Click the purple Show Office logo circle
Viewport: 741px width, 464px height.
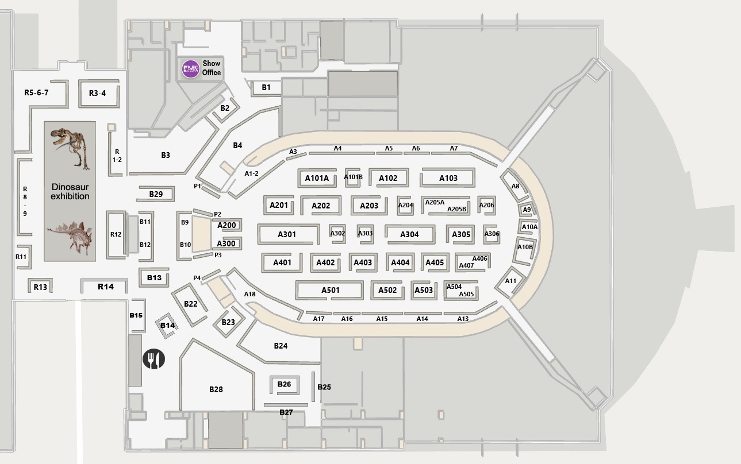point(191,69)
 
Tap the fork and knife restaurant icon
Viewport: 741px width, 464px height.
point(154,358)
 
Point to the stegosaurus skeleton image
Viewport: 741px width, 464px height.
point(70,237)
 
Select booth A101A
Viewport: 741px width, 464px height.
point(317,178)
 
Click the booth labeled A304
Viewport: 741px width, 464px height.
point(409,234)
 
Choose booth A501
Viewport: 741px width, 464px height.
point(329,290)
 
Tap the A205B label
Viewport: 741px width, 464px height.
point(456,209)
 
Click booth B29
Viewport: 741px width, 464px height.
point(155,194)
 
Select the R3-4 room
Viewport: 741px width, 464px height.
point(98,94)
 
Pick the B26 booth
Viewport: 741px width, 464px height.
point(284,385)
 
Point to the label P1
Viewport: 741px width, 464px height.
point(197,186)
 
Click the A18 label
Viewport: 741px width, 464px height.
point(249,294)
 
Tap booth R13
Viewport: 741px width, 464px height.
point(40,286)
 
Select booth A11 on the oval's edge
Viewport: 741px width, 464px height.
point(510,282)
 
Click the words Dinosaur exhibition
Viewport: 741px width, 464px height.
point(70,192)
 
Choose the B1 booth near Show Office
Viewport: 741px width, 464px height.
point(266,88)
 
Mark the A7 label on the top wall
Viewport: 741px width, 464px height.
point(454,148)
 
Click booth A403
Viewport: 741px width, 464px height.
point(363,263)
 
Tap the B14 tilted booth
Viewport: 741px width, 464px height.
point(167,325)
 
